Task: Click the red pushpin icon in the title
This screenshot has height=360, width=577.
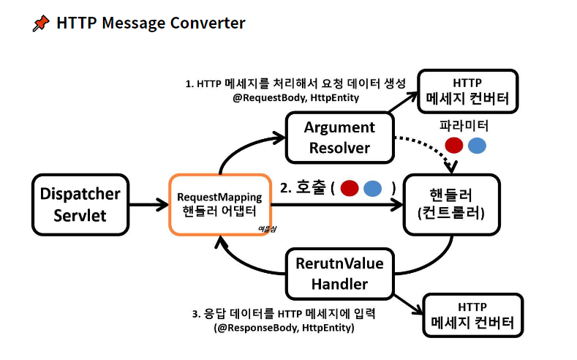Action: tap(41, 23)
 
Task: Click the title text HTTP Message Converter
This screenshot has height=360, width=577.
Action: tap(151, 23)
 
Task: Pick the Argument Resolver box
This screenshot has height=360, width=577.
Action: tap(339, 137)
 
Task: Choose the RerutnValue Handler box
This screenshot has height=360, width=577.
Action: tap(339, 272)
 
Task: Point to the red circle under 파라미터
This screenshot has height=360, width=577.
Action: tap(454, 145)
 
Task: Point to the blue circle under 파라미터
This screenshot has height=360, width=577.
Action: tap(477, 145)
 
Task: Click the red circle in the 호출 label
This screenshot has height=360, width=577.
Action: tap(350, 188)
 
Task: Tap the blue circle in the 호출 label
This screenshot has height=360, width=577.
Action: tap(373, 188)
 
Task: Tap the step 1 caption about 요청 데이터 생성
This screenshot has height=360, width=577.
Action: tap(295, 83)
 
